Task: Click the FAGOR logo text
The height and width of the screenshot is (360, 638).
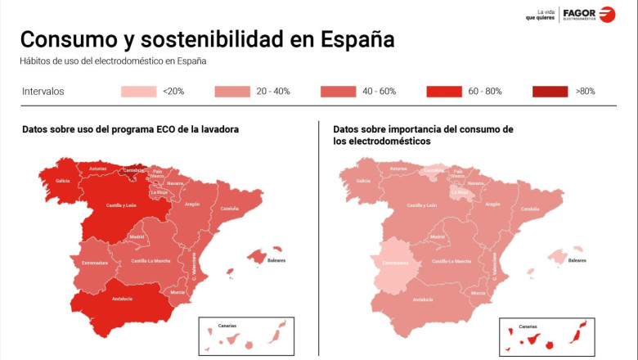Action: (x=581, y=11)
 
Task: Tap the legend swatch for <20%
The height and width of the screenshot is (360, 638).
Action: (x=139, y=92)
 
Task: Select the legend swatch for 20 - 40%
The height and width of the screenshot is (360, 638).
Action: (x=233, y=92)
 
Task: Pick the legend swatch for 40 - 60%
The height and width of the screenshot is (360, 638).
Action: (x=339, y=92)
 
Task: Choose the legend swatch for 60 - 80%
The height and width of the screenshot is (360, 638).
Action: (x=444, y=92)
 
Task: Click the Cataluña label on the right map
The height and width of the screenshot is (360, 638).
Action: (x=530, y=209)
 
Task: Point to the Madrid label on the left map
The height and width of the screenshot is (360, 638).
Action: (x=137, y=236)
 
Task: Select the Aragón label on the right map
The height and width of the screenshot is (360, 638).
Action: (x=492, y=204)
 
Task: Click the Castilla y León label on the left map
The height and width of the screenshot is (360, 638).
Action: (x=120, y=205)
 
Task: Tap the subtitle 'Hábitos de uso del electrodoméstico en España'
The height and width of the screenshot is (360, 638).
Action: (x=113, y=61)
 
